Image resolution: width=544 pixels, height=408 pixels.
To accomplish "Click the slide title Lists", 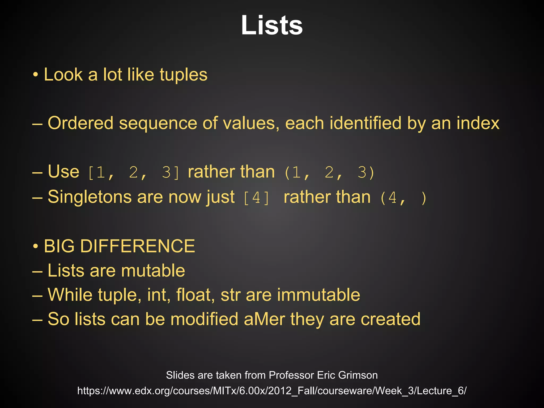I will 272,25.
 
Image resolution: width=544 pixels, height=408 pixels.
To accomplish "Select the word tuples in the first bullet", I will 184,75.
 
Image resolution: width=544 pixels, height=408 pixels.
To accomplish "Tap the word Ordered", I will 80,124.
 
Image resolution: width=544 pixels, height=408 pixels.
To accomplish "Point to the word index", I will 478,124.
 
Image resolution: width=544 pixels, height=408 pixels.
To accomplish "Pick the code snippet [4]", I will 256,198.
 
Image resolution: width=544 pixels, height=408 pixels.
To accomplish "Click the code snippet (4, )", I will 403,198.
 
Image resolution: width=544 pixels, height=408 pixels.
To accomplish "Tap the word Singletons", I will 90,197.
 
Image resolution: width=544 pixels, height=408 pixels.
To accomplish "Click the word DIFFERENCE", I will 137,246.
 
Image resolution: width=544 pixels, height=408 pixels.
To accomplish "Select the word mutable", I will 153,271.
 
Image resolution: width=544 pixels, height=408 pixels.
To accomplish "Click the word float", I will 195,295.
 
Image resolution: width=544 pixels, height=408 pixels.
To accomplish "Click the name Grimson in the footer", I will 358,375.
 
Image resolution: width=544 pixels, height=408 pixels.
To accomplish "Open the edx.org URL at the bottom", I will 272,391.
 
